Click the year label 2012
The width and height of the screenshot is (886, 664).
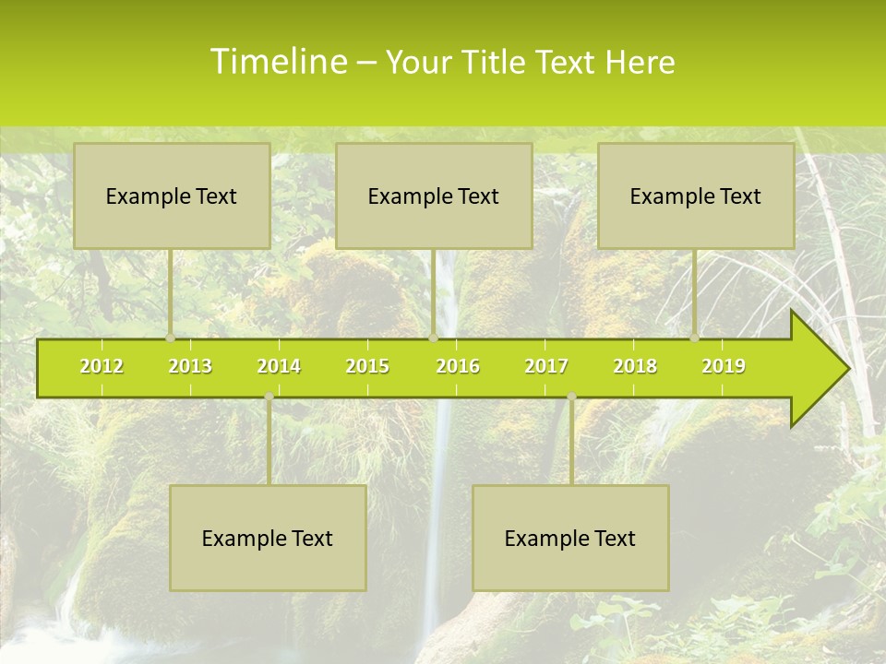point(102,366)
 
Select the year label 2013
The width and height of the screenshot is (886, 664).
point(190,366)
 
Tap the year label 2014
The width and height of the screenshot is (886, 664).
point(279,366)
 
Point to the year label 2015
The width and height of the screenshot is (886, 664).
point(367,366)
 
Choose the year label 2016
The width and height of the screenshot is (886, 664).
point(458,366)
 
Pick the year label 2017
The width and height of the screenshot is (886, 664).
point(546,366)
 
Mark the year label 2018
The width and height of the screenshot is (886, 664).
point(635,366)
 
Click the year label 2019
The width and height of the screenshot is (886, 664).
point(724,366)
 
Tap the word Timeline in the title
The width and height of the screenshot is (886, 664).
point(277,62)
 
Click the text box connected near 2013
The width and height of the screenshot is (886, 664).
point(172,196)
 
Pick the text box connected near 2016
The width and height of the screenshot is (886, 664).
point(434,196)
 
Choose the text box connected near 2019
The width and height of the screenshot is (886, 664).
point(696,196)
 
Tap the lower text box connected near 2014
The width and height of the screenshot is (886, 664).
point(268,538)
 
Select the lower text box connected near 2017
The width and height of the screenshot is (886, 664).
point(570,538)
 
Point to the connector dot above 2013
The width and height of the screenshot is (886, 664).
point(171,338)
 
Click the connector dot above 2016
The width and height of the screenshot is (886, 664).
point(433,338)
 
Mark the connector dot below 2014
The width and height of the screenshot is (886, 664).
point(269,397)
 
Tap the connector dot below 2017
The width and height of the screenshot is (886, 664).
point(571,397)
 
